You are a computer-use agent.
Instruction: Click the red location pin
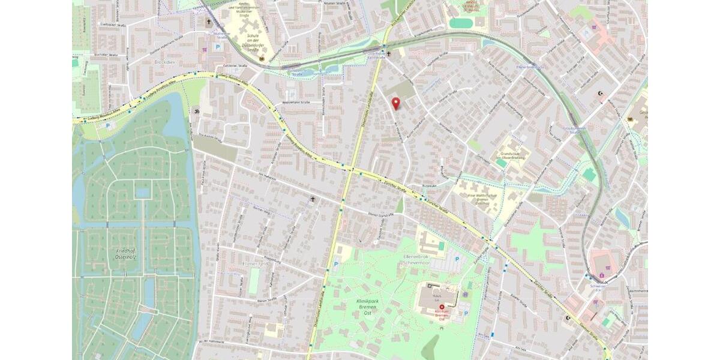[x=395, y=103]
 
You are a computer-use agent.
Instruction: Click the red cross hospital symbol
[x=443, y=307]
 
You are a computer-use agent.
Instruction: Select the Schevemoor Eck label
[x=598, y=286]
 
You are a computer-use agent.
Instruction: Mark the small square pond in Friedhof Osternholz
[x=142, y=193]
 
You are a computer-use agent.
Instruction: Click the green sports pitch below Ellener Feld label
[x=254, y=281]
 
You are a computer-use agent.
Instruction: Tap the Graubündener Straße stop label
[x=574, y=130]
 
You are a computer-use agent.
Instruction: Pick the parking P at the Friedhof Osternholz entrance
[x=108, y=125]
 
